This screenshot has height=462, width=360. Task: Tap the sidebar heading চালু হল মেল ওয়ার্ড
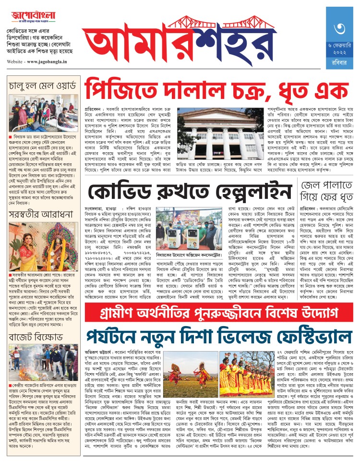pyautogui.click(x=42, y=86)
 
